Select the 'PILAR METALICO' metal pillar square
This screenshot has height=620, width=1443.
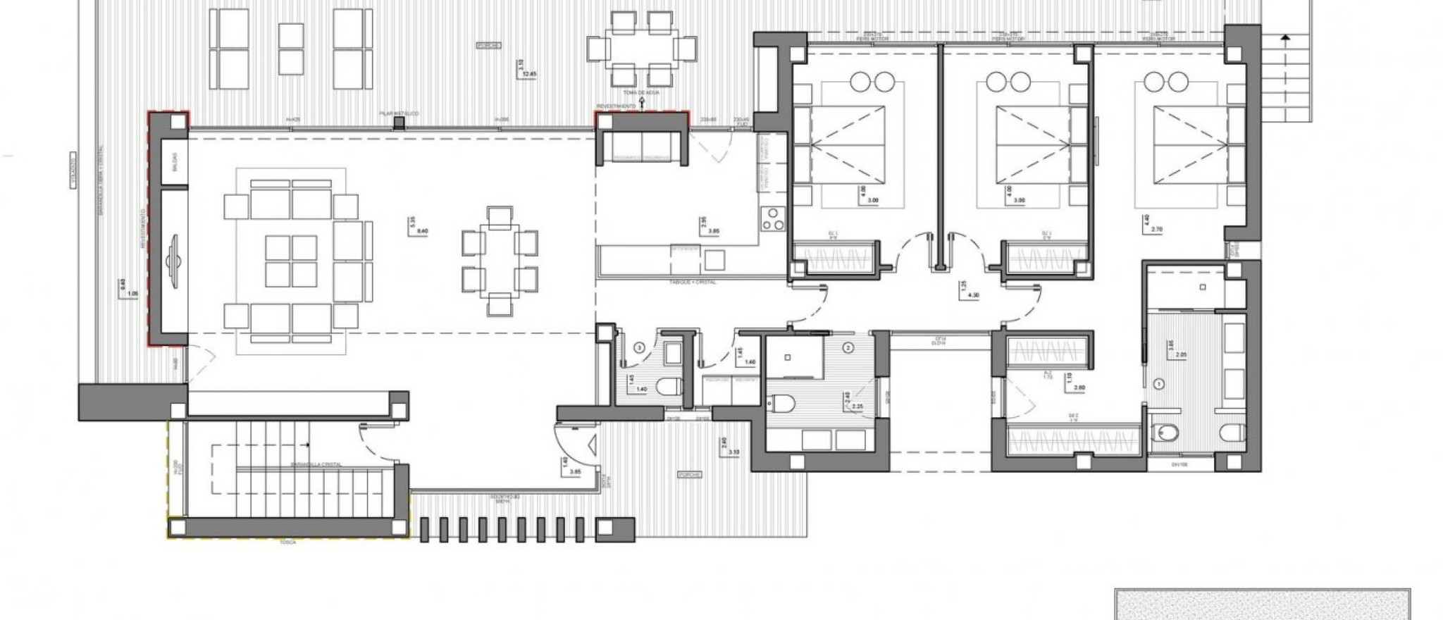(399, 123)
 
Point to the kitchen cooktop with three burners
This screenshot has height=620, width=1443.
(773, 220)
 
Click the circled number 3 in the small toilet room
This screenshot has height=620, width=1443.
(639, 347)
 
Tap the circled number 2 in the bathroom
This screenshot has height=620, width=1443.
(848, 347)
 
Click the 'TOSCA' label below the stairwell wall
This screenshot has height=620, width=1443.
(287, 543)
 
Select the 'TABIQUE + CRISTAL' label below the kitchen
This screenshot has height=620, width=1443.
(693, 282)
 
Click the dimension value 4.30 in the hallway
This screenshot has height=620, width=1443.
(974, 295)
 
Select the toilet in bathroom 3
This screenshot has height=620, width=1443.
(668, 386)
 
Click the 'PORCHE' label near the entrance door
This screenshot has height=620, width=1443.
(690, 475)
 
